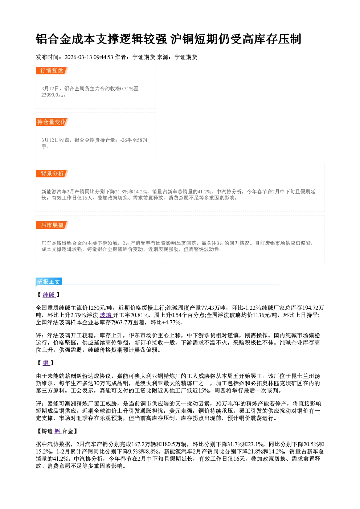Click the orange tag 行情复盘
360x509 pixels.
[x=52, y=70]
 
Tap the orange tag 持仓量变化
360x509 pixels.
[x=52, y=122]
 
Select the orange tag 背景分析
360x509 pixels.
[x=52, y=174]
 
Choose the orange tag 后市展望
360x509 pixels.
[x=52, y=225]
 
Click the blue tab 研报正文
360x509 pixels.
[x=49, y=282]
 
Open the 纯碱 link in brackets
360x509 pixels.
[x=49, y=295]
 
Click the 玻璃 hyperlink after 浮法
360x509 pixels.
[x=106, y=315]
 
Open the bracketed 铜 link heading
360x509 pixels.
[x=46, y=363]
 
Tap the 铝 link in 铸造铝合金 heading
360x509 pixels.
[x=57, y=431]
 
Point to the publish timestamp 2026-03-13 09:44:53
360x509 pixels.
[x=89, y=57]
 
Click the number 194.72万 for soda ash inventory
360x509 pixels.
[x=313, y=308]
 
